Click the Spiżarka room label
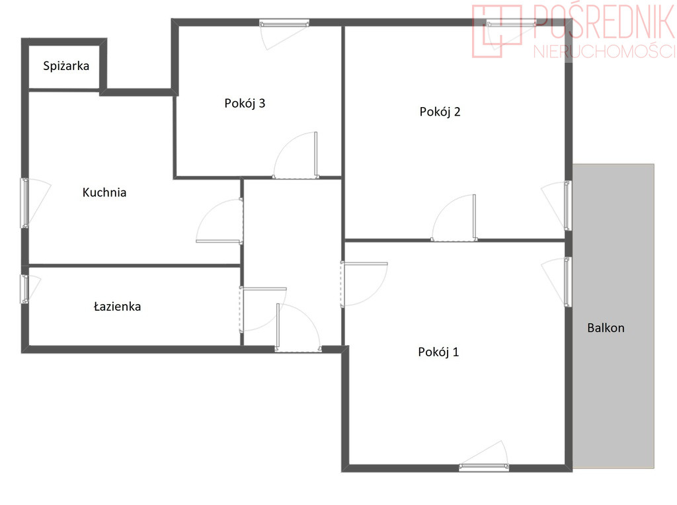[66, 66]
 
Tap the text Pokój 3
[245, 104]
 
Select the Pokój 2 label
[440, 112]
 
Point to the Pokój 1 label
[438, 352]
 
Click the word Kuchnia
[104, 192]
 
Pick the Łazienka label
[118, 307]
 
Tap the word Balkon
[606, 328]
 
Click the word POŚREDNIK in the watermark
[604, 22]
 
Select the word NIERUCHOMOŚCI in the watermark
[604, 52]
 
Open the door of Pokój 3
[296, 155]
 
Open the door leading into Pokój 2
[454, 218]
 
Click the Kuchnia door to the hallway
[219, 221]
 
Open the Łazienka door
[262, 310]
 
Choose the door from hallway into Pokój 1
[364, 284]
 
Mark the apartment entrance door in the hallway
[298, 328]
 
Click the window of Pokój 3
[284, 23]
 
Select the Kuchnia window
[25, 203]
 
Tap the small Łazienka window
[25, 289]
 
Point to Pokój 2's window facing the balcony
[568, 206]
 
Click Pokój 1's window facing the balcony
[568, 282]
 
